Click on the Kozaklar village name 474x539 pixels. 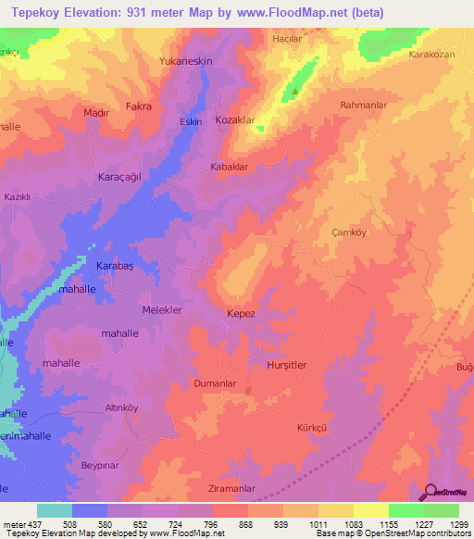234,121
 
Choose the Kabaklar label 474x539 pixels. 230,167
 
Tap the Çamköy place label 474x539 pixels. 350,233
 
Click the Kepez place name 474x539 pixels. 241,314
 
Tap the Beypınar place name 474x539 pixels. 102,465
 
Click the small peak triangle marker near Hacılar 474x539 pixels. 294,91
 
